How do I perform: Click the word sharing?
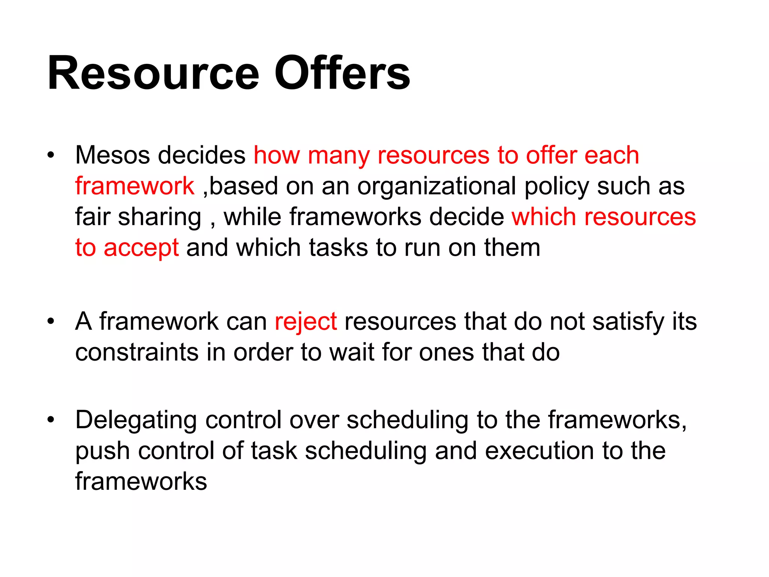pyautogui.click(x=160, y=218)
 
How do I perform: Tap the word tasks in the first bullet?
pyautogui.click(x=338, y=248)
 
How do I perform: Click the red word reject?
pyautogui.click(x=306, y=322)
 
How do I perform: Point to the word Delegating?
pyautogui.click(x=136, y=421)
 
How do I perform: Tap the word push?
pyautogui.click(x=102, y=452)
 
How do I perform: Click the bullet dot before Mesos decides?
pyautogui.click(x=51, y=155)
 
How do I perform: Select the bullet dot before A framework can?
pyautogui.click(x=51, y=322)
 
